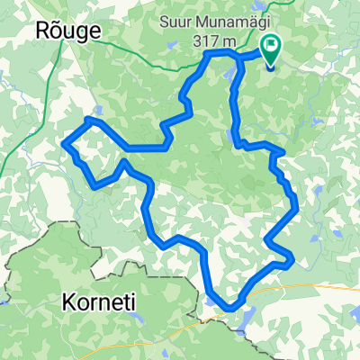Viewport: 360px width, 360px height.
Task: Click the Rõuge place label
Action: (x=67, y=30)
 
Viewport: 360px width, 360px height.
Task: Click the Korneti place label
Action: (x=99, y=302)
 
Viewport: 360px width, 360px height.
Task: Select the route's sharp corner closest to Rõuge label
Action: (x=88, y=118)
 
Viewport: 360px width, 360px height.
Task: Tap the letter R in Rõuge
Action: (x=40, y=30)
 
